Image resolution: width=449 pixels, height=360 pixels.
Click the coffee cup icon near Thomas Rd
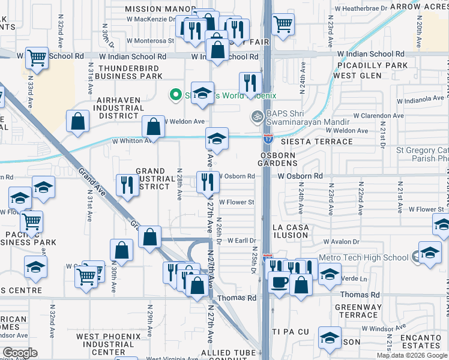coord(278,281)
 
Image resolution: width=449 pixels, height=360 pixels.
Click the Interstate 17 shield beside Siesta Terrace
coord(268,138)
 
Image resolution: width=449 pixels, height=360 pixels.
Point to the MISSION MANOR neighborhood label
coord(160,9)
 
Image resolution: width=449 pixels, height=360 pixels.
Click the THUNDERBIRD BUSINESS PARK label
coord(130,73)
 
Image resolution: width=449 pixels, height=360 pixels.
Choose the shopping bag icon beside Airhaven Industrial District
coord(79,121)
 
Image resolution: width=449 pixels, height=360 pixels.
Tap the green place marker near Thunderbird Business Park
coord(175,95)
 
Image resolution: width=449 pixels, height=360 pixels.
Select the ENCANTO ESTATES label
coord(422,341)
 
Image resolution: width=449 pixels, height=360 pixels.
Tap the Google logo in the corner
coord(20,353)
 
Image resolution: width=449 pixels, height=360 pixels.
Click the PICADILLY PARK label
coord(372,65)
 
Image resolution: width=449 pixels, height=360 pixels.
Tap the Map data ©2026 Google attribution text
coord(412,355)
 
